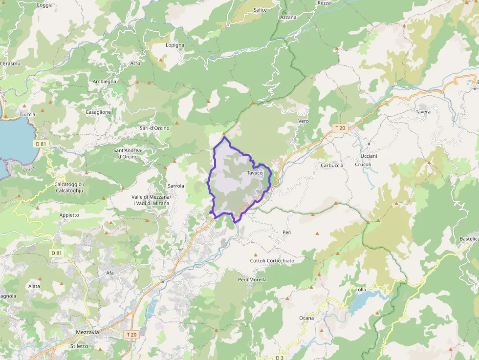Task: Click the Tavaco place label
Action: click(x=255, y=173)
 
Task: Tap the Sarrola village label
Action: click(x=176, y=186)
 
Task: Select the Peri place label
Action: click(x=287, y=233)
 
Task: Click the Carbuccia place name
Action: click(x=332, y=165)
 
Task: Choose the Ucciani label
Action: click(x=369, y=156)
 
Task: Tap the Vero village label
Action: click(x=304, y=121)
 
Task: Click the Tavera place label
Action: click(x=423, y=112)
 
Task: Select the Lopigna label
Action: click(x=175, y=45)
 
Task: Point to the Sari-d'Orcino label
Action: click(x=154, y=128)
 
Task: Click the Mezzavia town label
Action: click(x=87, y=332)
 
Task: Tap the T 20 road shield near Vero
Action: click(x=340, y=128)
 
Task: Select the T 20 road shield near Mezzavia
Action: click(x=131, y=335)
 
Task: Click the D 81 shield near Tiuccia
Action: click(x=41, y=144)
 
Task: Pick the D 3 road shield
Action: click(x=279, y=357)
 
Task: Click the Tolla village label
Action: click(x=361, y=290)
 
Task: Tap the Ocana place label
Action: click(x=306, y=318)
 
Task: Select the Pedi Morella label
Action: click(x=252, y=280)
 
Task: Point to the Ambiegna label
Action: click(x=105, y=82)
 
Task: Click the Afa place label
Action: click(x=110, y=273)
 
